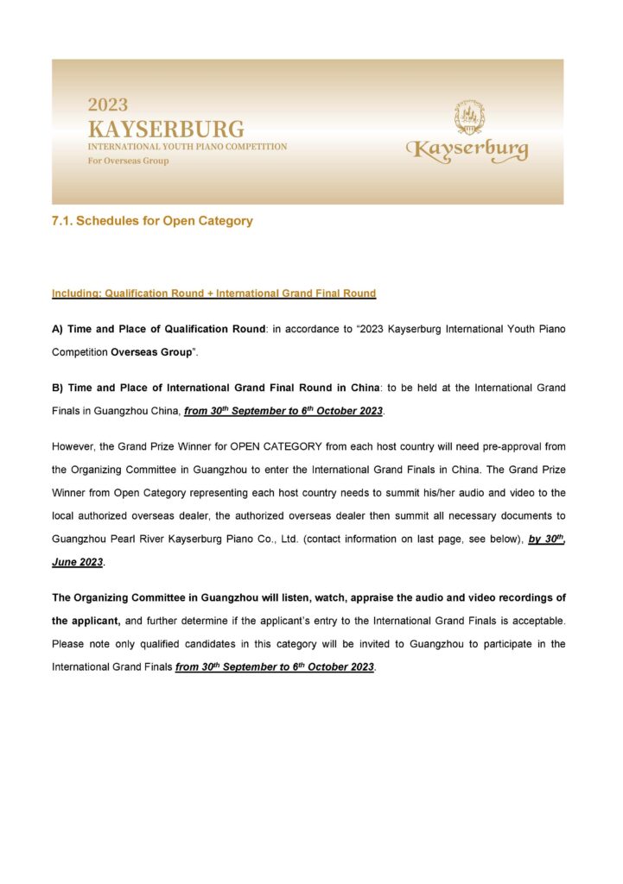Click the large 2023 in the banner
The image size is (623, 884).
(x=107, y=105)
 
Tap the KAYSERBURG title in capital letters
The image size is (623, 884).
(x=166, y=129)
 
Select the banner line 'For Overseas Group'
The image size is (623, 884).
(x=128, y=161)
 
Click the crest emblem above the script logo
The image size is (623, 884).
(x=469, y=117)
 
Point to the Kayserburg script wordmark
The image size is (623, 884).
(x=467, y=150)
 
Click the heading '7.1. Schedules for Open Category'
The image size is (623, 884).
(x=152, y=221)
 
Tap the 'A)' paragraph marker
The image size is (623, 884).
(x=58, y=329)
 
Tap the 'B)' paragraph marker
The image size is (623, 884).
(x=58, y=388)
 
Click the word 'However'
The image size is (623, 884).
(x=73, y=446)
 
